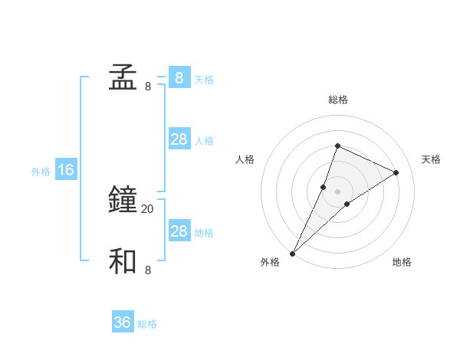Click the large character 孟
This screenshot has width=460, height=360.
[123, 78]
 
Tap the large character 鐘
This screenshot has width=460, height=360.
[123, 201]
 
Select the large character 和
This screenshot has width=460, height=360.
[123, 262]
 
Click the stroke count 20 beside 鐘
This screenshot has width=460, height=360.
[148, 208]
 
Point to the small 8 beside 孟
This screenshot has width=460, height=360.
[148, 86]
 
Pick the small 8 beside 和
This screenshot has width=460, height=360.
[148, 270]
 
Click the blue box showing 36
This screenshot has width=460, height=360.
[123, 322]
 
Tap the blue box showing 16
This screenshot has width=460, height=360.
[66, 170]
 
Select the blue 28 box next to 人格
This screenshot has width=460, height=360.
[179, 139]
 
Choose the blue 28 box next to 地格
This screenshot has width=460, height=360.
[179, 231]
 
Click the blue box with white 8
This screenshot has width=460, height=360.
[179, 78]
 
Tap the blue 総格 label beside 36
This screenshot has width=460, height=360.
[147, 324]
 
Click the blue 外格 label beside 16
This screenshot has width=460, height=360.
[41, 172]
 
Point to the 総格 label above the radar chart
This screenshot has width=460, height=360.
[337, 100]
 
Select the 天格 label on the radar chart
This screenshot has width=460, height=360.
[431, 159]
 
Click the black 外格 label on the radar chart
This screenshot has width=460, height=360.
[270, 262]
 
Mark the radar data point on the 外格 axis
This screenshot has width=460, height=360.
[293, 254]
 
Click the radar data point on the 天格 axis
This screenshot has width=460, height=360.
[396, 172]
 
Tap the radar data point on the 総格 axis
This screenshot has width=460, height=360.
[337, 146]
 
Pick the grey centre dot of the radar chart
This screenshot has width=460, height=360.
[337, 191]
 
